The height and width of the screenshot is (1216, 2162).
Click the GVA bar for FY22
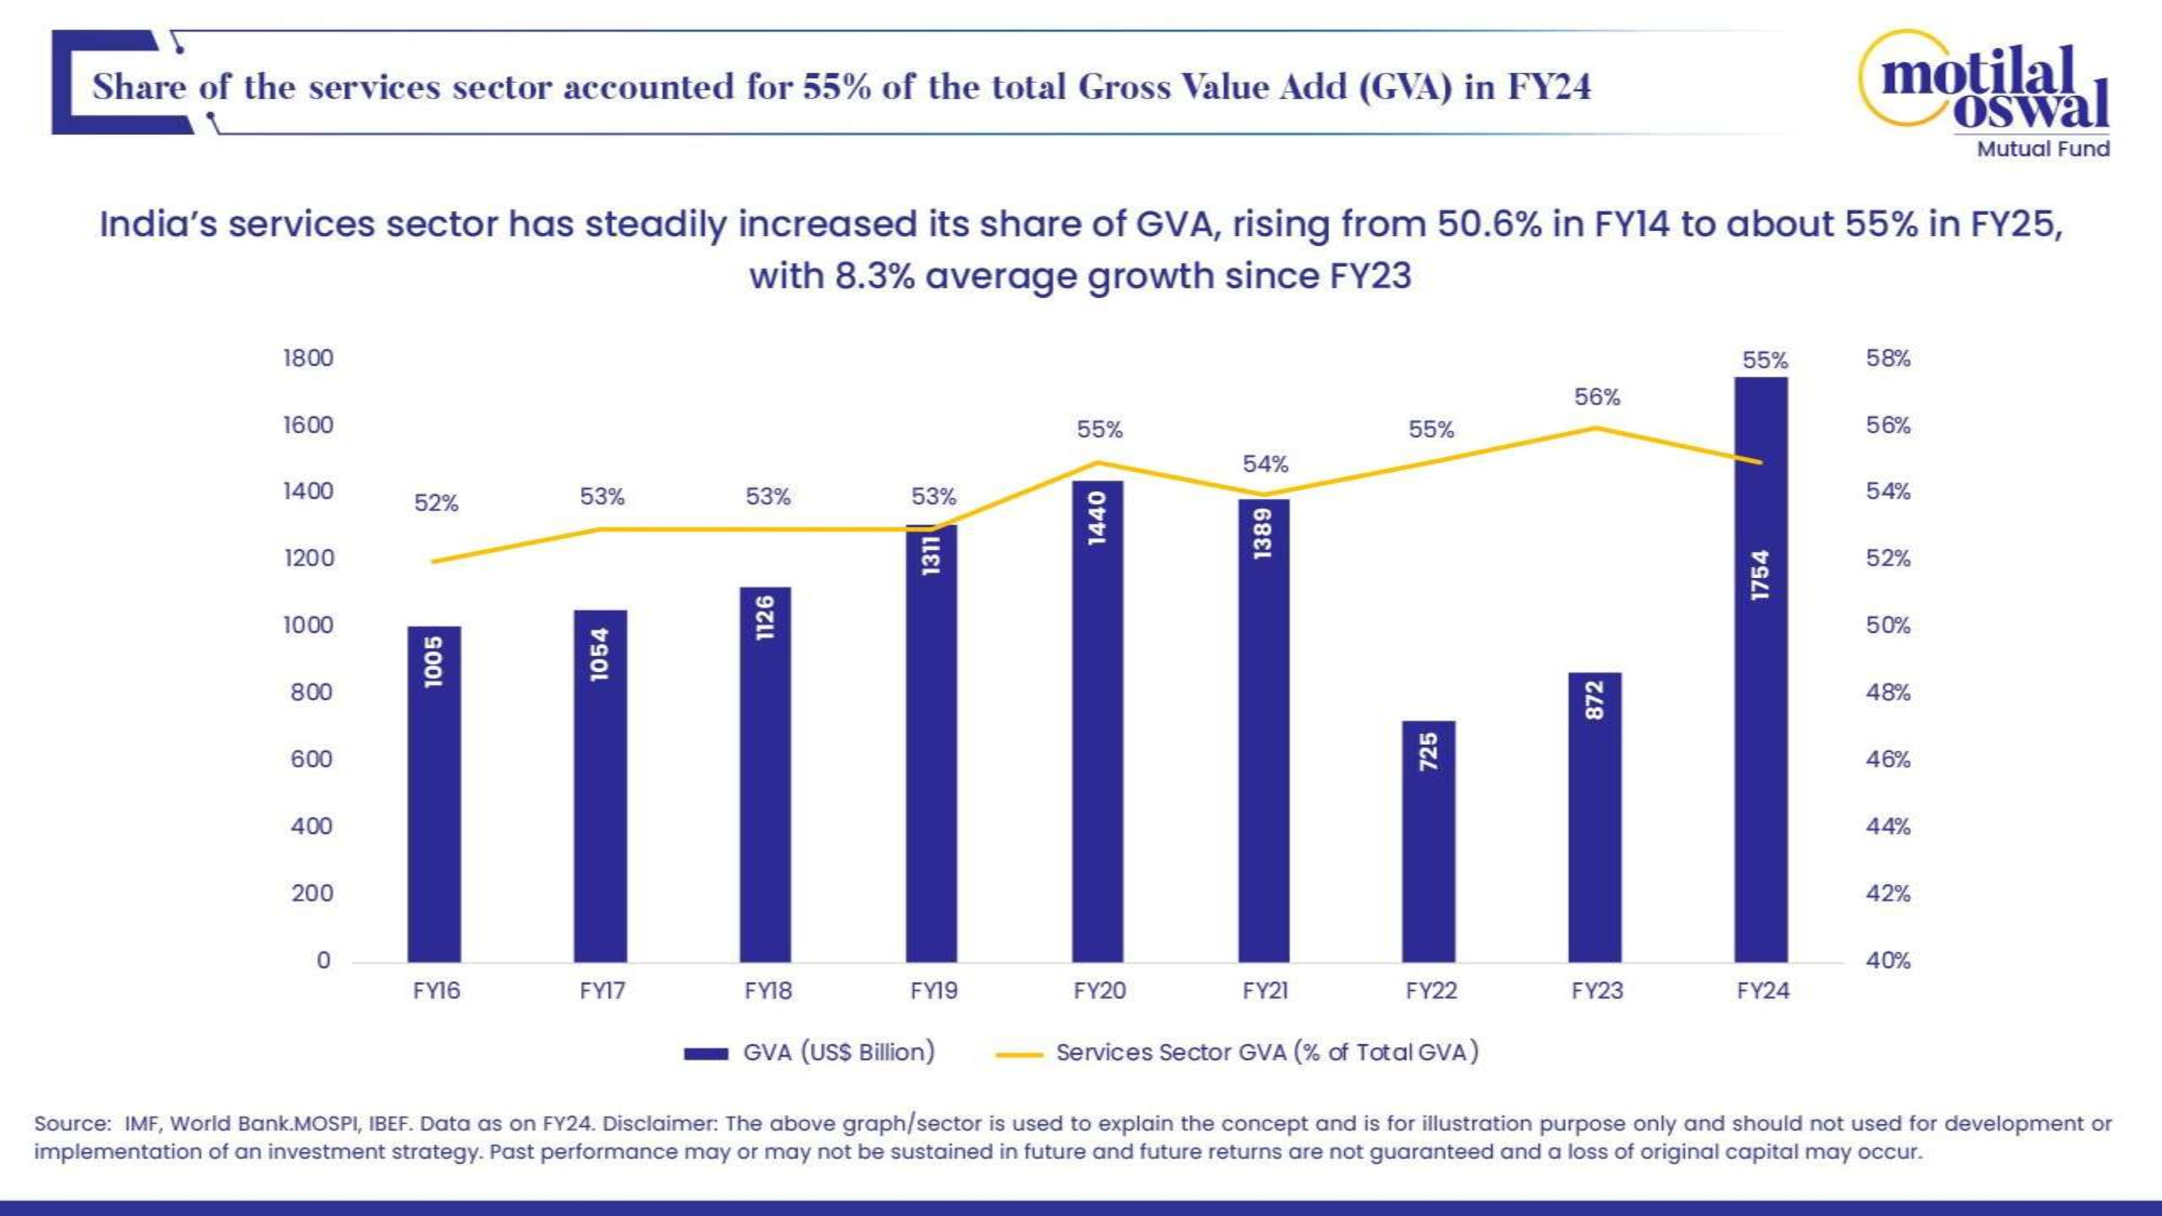[x=1429, y=841]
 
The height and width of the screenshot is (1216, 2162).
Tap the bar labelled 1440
[x=1097, y=721]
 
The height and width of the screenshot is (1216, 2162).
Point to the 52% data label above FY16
[x=436, y=504]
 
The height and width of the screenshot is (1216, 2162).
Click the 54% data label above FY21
[x=1265, y=464]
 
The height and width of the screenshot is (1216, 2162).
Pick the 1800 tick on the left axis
[x=308, y=358]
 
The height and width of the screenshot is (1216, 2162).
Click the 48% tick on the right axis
[x=1887, y=692]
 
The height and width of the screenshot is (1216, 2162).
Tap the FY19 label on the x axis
[x=933, y=991]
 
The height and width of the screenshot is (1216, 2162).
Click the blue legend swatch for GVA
[x=705, y=1054]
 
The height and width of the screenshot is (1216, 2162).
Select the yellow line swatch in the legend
[x=1018, y=1054]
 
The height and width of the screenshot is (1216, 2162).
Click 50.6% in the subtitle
[x=1489, y=224]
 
